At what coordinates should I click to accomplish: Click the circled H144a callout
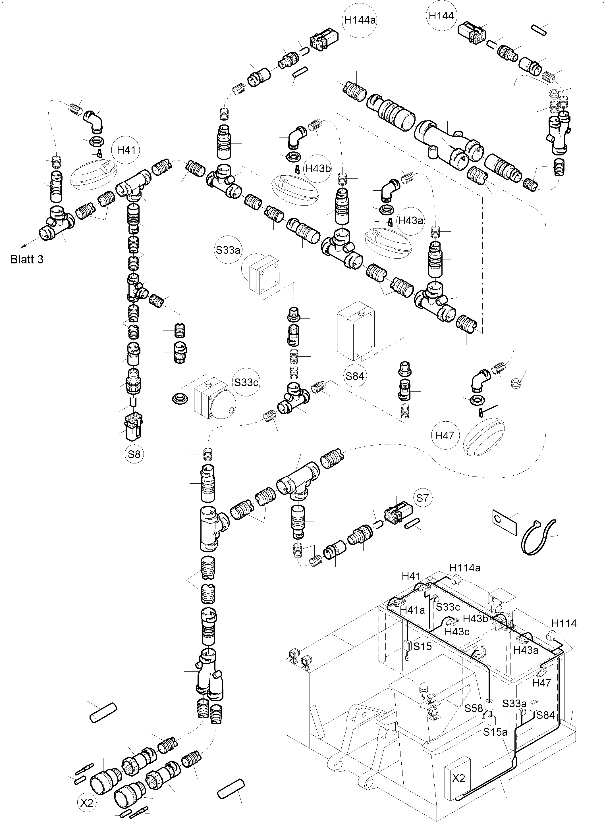(x=360, y=20)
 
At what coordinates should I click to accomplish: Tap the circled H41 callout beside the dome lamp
(x=126, y=150)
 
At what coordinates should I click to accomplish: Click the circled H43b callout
(x=318, y=169)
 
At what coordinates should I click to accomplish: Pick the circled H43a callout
(x=411, y=221)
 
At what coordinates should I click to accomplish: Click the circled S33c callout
(x=246, y=382)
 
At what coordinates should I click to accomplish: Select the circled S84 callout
(x=355, y=376)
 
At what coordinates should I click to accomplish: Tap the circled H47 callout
(x=445, y=436)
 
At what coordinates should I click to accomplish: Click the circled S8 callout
(x=134, y=454)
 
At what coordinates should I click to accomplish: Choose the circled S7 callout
(x=422, y=498)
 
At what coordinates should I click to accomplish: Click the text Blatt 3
(x=27, y=259)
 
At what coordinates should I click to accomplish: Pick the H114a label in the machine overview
(x=465, y=568)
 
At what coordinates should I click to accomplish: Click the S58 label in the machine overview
(x=474, y=708)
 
